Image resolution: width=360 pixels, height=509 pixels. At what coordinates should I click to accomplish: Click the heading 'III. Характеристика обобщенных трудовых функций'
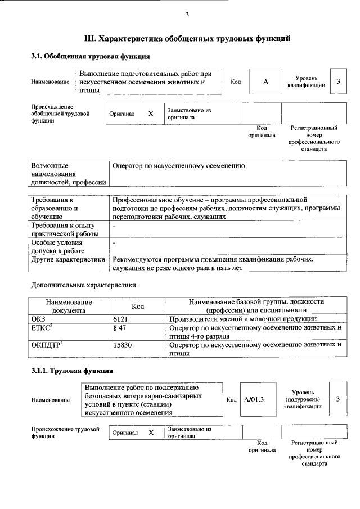coord(187,39)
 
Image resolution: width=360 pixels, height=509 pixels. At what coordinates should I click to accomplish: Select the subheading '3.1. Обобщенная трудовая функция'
coord(90,57)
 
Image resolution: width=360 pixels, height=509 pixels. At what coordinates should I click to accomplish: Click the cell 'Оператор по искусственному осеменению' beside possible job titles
coord(178,166)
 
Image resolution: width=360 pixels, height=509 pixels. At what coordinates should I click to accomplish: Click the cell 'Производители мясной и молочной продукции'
coord(242,318)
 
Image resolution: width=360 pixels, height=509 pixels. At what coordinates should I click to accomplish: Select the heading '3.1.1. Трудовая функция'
coord(72,371)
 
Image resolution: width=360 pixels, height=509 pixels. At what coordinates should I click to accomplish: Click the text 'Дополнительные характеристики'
coord(83,285)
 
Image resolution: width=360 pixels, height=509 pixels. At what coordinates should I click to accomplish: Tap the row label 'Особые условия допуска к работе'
coord(58,246)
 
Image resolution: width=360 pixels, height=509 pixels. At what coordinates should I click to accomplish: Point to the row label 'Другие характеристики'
coord(68,260)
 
